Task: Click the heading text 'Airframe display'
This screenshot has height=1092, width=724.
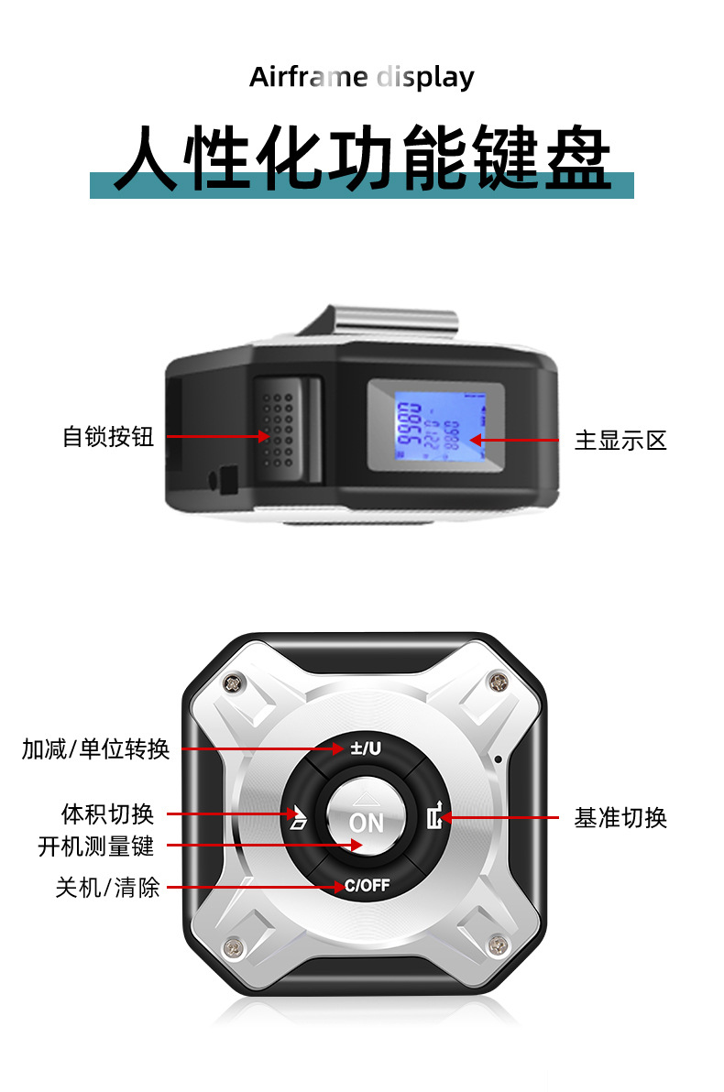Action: click(361, 77)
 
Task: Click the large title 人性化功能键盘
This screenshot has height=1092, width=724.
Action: click(361, 158)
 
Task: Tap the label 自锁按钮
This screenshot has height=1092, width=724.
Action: click(107, 437)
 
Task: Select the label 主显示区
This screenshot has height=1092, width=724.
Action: click(620, 441)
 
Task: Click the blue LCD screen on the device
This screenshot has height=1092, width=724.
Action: click(435, 426)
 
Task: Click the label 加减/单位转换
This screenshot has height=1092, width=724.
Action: click(96, 749)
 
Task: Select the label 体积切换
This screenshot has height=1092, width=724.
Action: click(107, 814)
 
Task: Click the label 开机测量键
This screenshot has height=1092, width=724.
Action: click(96, 846)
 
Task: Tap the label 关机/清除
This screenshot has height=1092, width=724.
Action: click(107, 887)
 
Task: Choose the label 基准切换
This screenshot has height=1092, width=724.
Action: click(620, 818)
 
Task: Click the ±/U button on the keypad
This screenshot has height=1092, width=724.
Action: click(366, 748)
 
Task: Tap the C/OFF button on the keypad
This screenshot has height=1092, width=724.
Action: click(367, 886)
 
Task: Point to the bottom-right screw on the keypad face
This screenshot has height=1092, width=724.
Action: click(499, 945)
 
